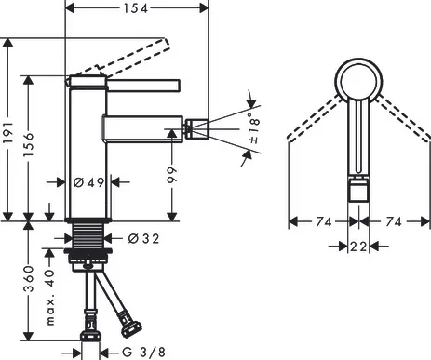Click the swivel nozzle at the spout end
pyautogui.click(x=196, y=121)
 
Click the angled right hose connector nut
pyautogui.click(x=129, y=326)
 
